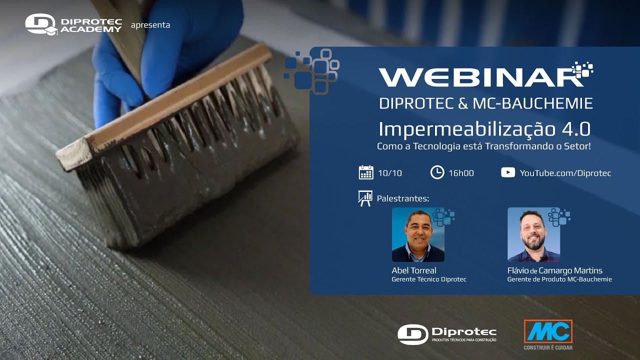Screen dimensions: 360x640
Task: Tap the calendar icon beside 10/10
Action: click(366, 172)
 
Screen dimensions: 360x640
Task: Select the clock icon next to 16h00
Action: click(437, 172)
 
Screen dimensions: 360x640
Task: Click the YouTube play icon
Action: click(507, 172)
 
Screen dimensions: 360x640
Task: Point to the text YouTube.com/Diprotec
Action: click(565, 173)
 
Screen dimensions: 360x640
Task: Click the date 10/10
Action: click(390, 173)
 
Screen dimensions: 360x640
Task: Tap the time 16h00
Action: click(461, 173)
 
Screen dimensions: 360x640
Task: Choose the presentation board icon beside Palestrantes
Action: click(365, 198)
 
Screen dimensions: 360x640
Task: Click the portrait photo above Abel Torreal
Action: click(418, 234)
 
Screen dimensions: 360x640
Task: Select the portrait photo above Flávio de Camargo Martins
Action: click(533, 234)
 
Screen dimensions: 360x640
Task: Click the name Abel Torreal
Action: click(414, 270)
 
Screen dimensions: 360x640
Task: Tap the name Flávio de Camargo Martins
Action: click(555, 270)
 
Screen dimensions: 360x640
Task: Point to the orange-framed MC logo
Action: click(548, 331)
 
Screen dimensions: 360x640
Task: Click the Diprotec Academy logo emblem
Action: click(41, 24)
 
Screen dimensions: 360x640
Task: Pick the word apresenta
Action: click(150, 25)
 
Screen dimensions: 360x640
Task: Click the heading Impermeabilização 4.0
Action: click(484, 129)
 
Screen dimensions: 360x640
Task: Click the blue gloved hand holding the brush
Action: click(165, 45)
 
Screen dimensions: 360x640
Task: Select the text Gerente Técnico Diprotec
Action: click(429, 279)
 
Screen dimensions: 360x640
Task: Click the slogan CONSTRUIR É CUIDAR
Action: click(548, 347)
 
